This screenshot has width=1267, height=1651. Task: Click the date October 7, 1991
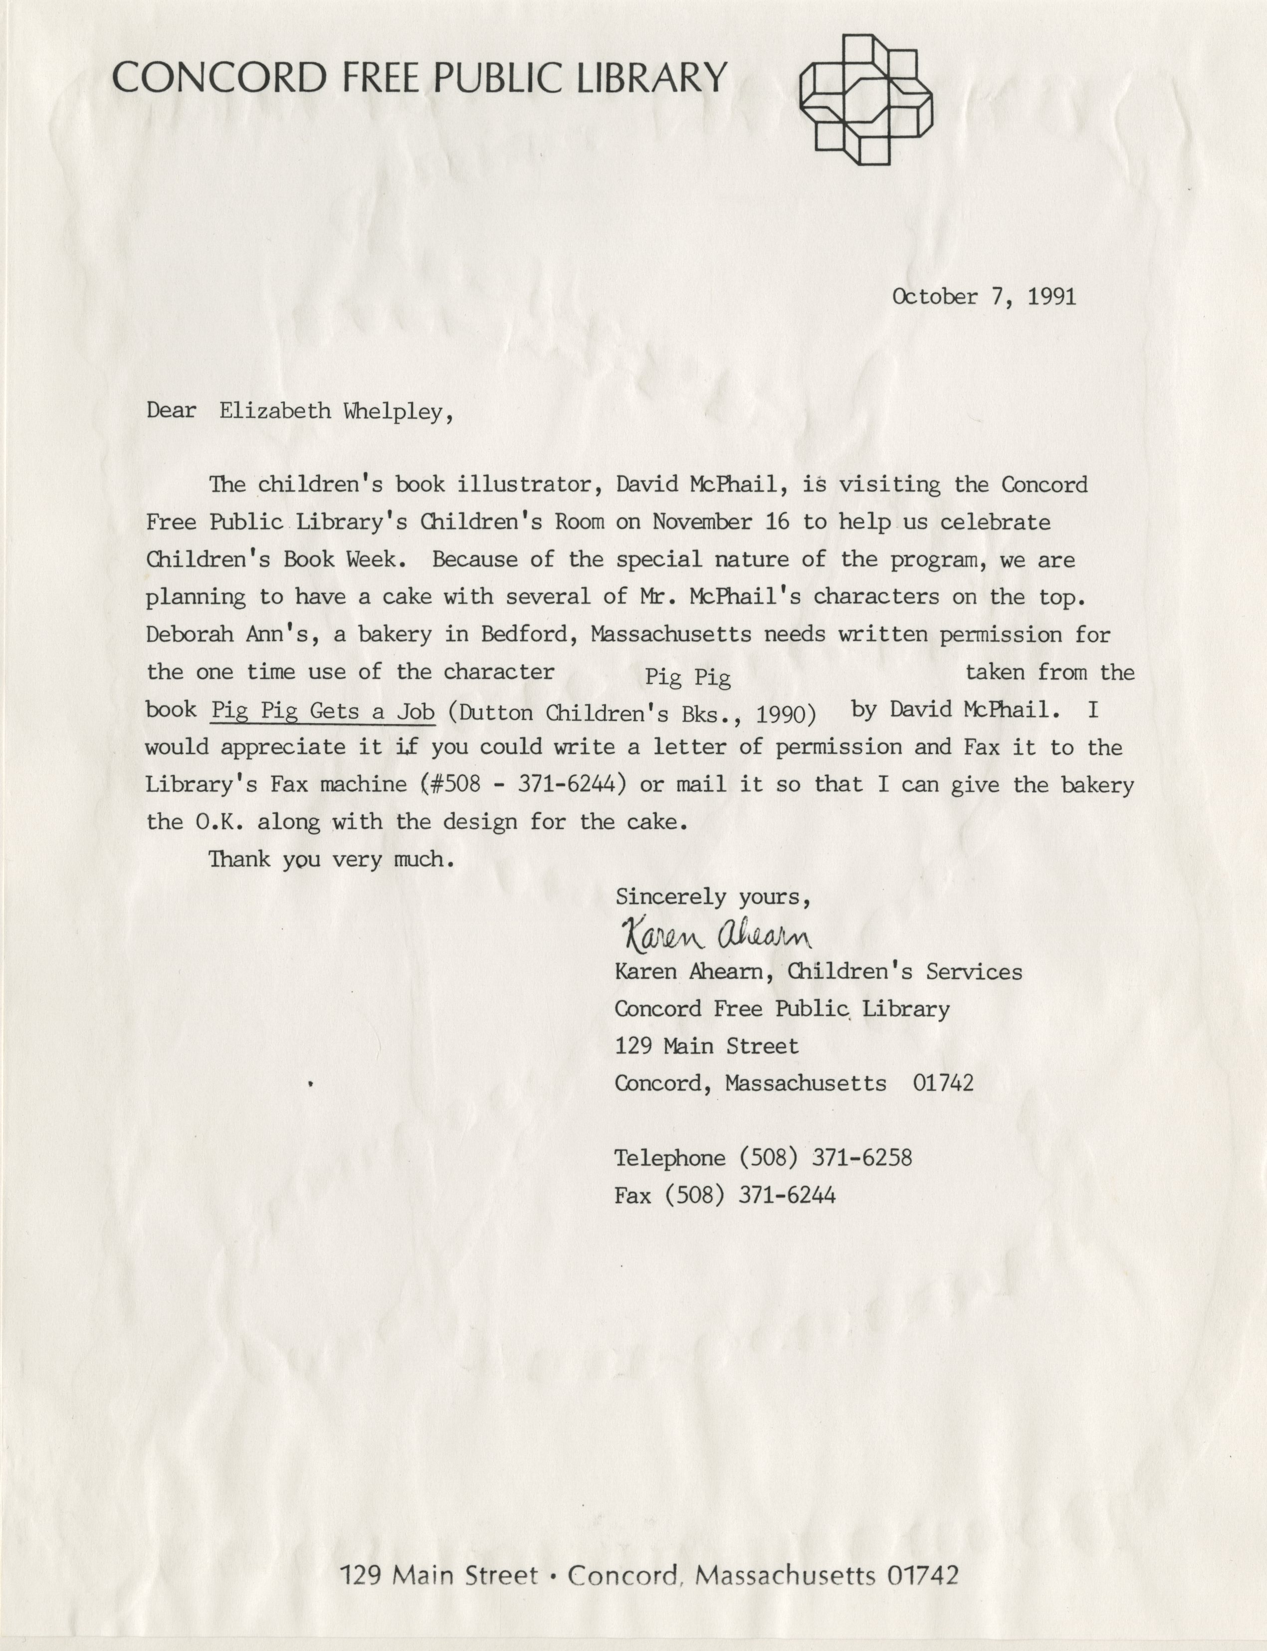point(984,296)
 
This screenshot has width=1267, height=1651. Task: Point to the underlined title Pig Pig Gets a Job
point(323,711)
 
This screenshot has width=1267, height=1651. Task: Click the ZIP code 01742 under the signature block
point(943,1084)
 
